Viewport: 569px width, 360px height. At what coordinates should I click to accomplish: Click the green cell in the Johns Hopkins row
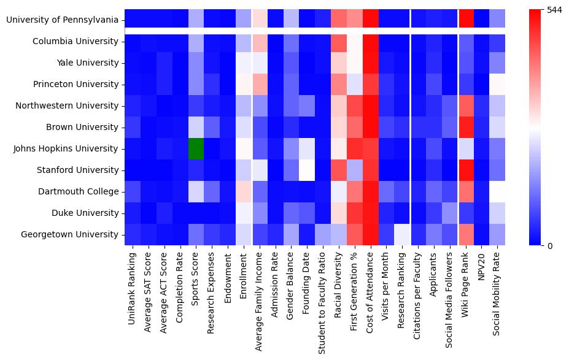196,148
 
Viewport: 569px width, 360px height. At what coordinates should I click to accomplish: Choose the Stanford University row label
77,170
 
